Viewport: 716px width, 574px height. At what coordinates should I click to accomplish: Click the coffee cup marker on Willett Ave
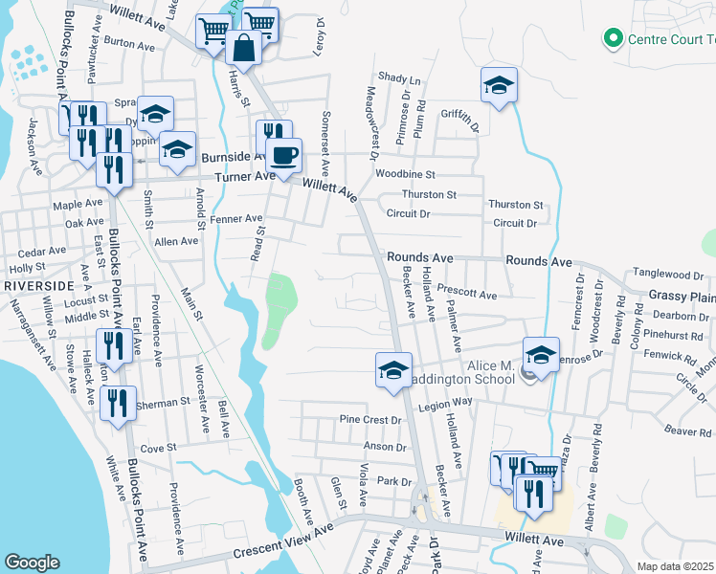click(283, 156)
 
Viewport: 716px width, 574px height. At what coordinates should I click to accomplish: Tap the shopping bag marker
click(244, 48)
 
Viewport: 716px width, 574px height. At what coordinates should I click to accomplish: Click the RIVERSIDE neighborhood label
click(38, 286)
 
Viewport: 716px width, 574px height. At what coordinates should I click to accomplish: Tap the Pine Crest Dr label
click(369, 420)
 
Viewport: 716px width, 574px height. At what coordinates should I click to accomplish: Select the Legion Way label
click(449, 403)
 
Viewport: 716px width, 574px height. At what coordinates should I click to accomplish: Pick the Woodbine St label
click(405, 175)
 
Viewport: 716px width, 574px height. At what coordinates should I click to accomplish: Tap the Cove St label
click(159, 448)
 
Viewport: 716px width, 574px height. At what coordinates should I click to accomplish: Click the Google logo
click(33, 563)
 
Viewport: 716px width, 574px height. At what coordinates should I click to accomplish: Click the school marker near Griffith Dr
click(499, 86)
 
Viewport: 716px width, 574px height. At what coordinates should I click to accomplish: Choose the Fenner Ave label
click(237, 219)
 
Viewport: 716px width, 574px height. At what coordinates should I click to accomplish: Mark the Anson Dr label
click(386, 447)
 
